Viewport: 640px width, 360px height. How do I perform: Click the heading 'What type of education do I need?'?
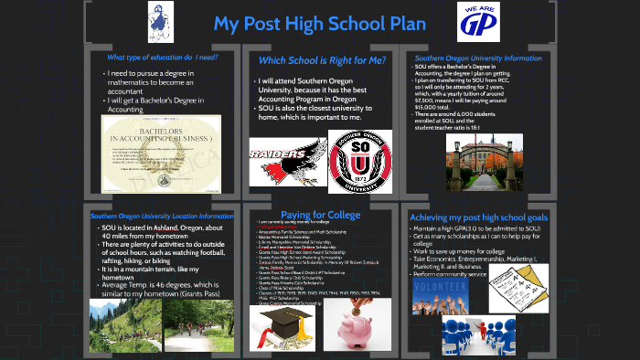tap(161, 57)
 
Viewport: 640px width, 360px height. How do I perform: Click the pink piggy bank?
tap(359, 321)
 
